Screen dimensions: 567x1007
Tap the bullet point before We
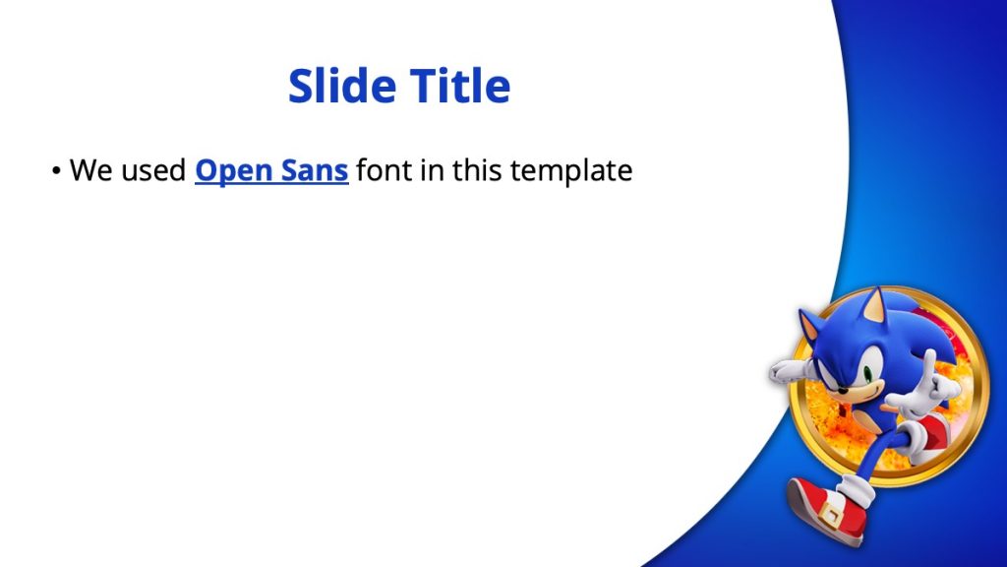point(56,171)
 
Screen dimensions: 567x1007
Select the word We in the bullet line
point(91,171)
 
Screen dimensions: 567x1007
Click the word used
point(153,171)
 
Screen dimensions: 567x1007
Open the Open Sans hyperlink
point(271,171)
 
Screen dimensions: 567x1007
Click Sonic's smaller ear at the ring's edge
point(810,326)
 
